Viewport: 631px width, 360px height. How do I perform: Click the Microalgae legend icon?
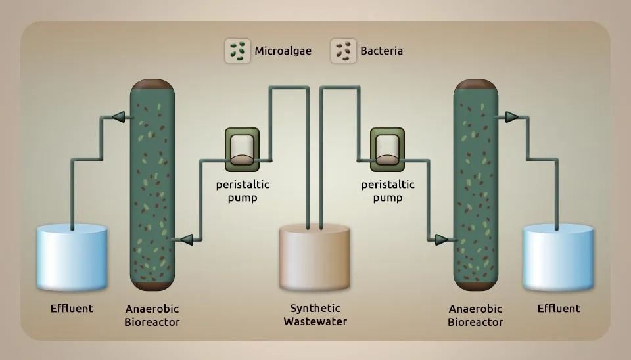(238, 51)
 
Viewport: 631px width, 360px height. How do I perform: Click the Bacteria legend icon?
(343, 51)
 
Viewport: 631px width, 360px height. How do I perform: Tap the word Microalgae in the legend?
(283, 51)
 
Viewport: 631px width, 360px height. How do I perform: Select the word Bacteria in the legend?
(381, 51)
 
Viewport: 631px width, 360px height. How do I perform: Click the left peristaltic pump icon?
(242, 147)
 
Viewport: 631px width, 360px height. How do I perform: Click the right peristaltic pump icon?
(387, 147)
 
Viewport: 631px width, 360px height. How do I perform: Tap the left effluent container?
(72, 258)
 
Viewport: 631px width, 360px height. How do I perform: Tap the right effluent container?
(559, 258)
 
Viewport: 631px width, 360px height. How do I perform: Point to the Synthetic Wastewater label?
(315, 315)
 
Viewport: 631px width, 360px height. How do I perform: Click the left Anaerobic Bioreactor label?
(152, 315)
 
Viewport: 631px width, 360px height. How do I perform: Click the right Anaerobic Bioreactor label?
(475, 315)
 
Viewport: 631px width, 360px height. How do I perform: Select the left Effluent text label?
(72, 308)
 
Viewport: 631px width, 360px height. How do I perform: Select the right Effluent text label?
(559, 308)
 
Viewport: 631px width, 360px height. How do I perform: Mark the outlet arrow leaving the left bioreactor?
(118, 117)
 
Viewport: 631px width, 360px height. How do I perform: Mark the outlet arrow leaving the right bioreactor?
(511, 117)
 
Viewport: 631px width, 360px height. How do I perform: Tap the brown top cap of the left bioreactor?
(152, 85)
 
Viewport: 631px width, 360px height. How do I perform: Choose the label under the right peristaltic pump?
(388, 191)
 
